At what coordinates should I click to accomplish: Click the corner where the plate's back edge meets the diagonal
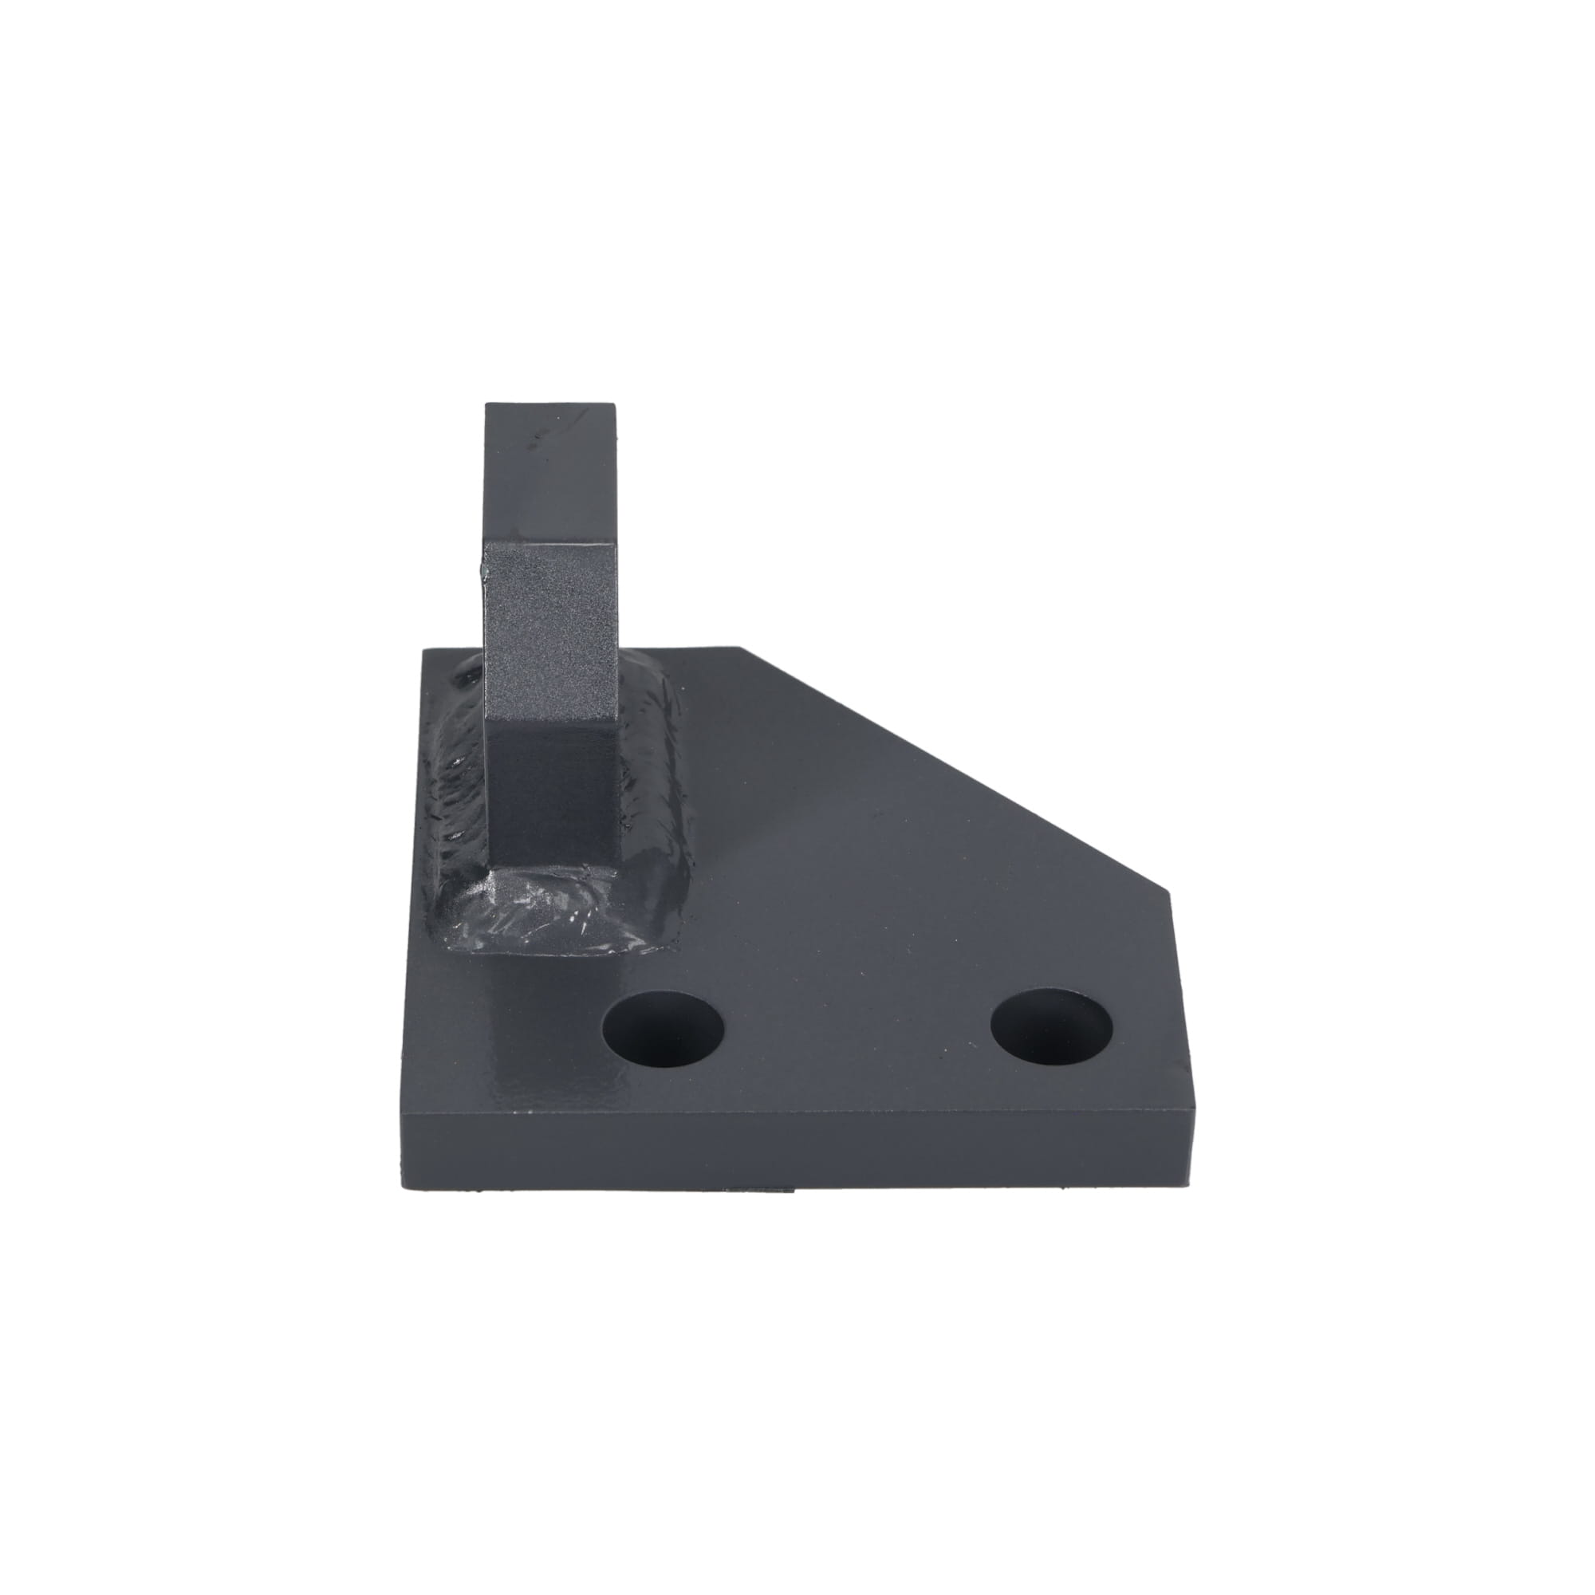tap(743, 650)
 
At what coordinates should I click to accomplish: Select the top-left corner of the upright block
tap(486, 404)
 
